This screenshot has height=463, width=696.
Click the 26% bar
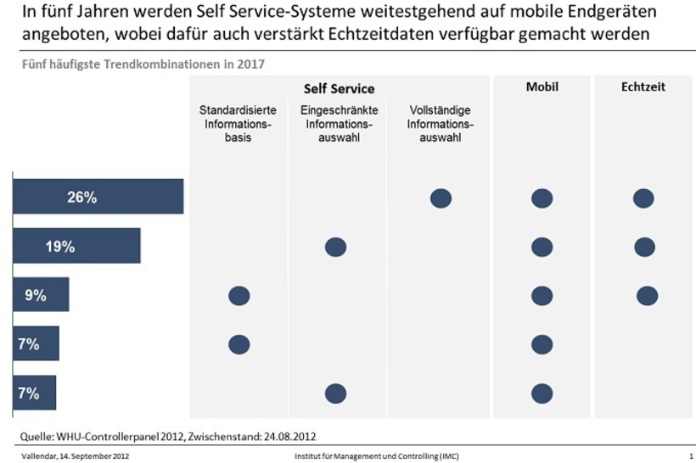98,198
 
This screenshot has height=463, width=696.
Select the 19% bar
76,247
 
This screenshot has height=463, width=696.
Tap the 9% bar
41,295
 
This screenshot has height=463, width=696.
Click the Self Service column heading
339,89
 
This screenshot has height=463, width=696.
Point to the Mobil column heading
542,87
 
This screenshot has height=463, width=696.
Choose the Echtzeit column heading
643,87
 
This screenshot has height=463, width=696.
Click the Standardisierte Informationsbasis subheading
239,124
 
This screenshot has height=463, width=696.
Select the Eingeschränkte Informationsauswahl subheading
339,124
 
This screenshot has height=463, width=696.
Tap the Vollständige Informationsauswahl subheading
440,124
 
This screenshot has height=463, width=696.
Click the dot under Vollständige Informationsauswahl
441,198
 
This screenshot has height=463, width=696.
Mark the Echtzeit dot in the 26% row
643,198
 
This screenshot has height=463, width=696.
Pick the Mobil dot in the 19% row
542,247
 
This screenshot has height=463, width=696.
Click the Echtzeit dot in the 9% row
647,295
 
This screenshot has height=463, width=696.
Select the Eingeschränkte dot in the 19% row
336,247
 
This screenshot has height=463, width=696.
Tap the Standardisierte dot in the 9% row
239,295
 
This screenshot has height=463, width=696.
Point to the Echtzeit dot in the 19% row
644,247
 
